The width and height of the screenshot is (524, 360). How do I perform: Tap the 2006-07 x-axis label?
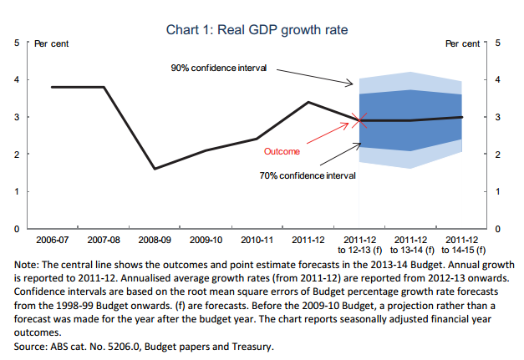click(x=53, y=239)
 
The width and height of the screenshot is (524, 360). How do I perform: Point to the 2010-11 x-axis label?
click(x=257, y=239)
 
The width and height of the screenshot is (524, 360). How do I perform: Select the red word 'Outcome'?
click(x=281, y=152)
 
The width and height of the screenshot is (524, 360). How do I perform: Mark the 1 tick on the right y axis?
click(x=498, y=191)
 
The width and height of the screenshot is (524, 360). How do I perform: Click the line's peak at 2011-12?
click(x=309, y=102)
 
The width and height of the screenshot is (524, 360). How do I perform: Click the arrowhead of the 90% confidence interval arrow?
click(x=355, y=84)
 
